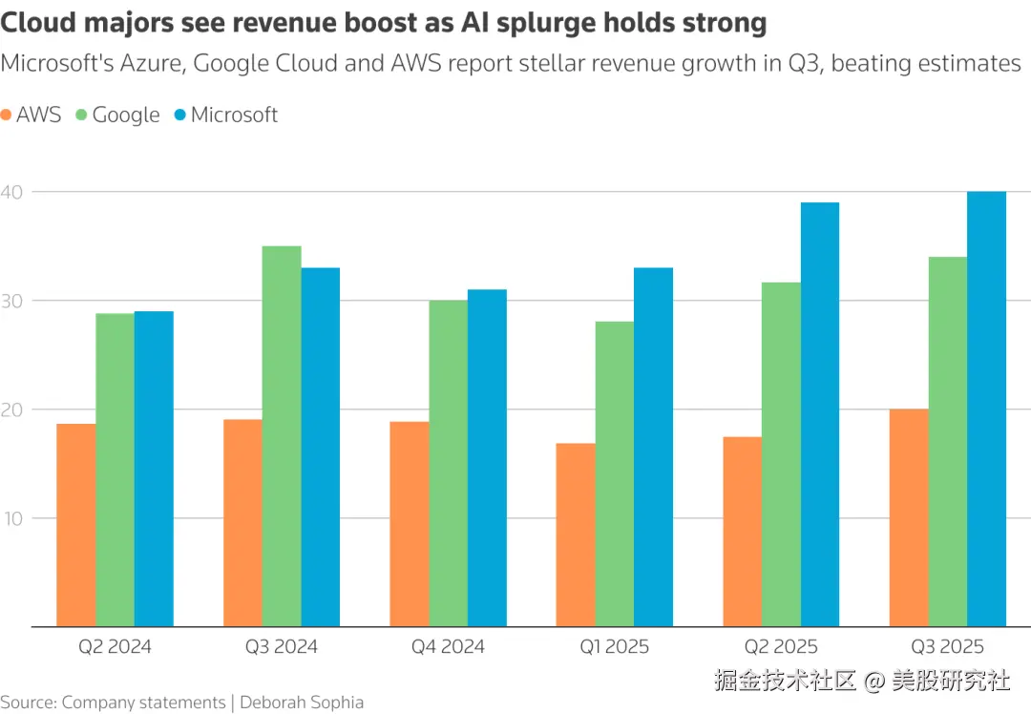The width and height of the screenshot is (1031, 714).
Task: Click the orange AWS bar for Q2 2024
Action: tap(76, 525)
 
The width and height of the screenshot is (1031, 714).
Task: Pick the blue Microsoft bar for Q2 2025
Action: tap(819, 414)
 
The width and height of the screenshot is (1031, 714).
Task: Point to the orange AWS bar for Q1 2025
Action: tap(576, 535)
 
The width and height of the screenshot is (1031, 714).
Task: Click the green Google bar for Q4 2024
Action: tap(448, 463)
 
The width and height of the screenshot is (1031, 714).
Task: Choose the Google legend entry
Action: tap(116, 115)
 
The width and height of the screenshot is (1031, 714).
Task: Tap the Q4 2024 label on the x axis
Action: tap(448, 647)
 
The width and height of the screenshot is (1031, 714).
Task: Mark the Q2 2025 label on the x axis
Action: tap(781, 647)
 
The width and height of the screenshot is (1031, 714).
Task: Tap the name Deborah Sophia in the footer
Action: tap(302, 703)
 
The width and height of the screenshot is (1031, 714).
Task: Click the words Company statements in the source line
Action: tap(144, 703)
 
